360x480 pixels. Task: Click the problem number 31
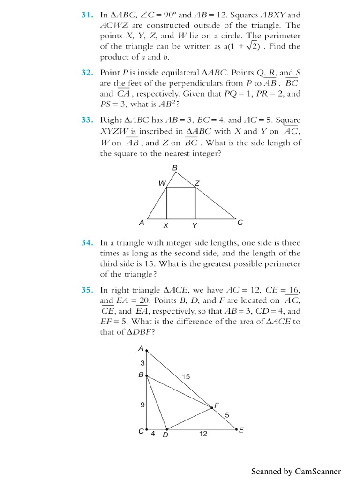click(x=88, y=14)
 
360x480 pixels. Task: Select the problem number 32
click(x=88, y=73)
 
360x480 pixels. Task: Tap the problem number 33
click(x=88, y=120)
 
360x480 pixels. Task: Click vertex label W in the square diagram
click(x=162, y=184)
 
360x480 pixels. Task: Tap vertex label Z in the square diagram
click(x=197, y=183)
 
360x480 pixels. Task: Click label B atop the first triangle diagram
click(x=175, y=167)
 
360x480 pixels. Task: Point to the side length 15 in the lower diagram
click(x=186, y=377)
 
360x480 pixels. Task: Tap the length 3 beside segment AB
click(x=142, y=363)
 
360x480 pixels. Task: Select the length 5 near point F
click(x=227, y=414)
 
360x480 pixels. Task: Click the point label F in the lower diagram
click(x=217, y=405)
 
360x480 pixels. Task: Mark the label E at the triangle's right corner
click(x=241, y=429)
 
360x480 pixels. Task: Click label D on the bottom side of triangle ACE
click(x=165, y=435)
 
